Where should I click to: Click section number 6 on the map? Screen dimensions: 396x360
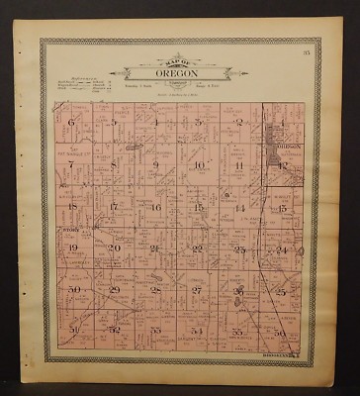point(72,123)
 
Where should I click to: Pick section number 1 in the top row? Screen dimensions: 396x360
point(281,123)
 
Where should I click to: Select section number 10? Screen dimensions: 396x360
point(198,165)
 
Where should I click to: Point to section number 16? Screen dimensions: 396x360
point(155,207)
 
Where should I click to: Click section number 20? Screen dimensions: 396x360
point(114,247)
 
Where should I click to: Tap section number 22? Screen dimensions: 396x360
point(197,248)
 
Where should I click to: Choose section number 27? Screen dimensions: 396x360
point(197,289)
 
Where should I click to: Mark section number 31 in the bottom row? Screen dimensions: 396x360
point(73,329)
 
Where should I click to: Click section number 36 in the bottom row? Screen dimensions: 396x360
point(281,332)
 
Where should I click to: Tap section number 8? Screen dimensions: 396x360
point(114,164)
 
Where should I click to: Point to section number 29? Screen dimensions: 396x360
point(114,289)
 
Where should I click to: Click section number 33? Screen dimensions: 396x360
point(155,330)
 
